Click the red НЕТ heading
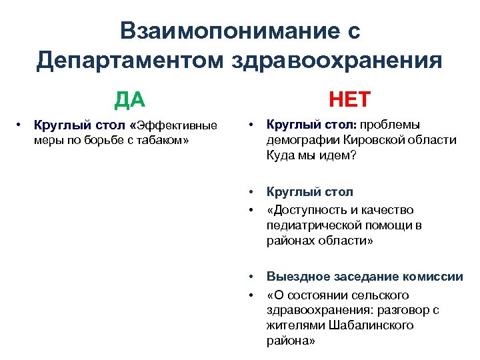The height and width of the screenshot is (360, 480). pos(347,100)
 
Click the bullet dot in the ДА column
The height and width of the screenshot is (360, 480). pos(21,125)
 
